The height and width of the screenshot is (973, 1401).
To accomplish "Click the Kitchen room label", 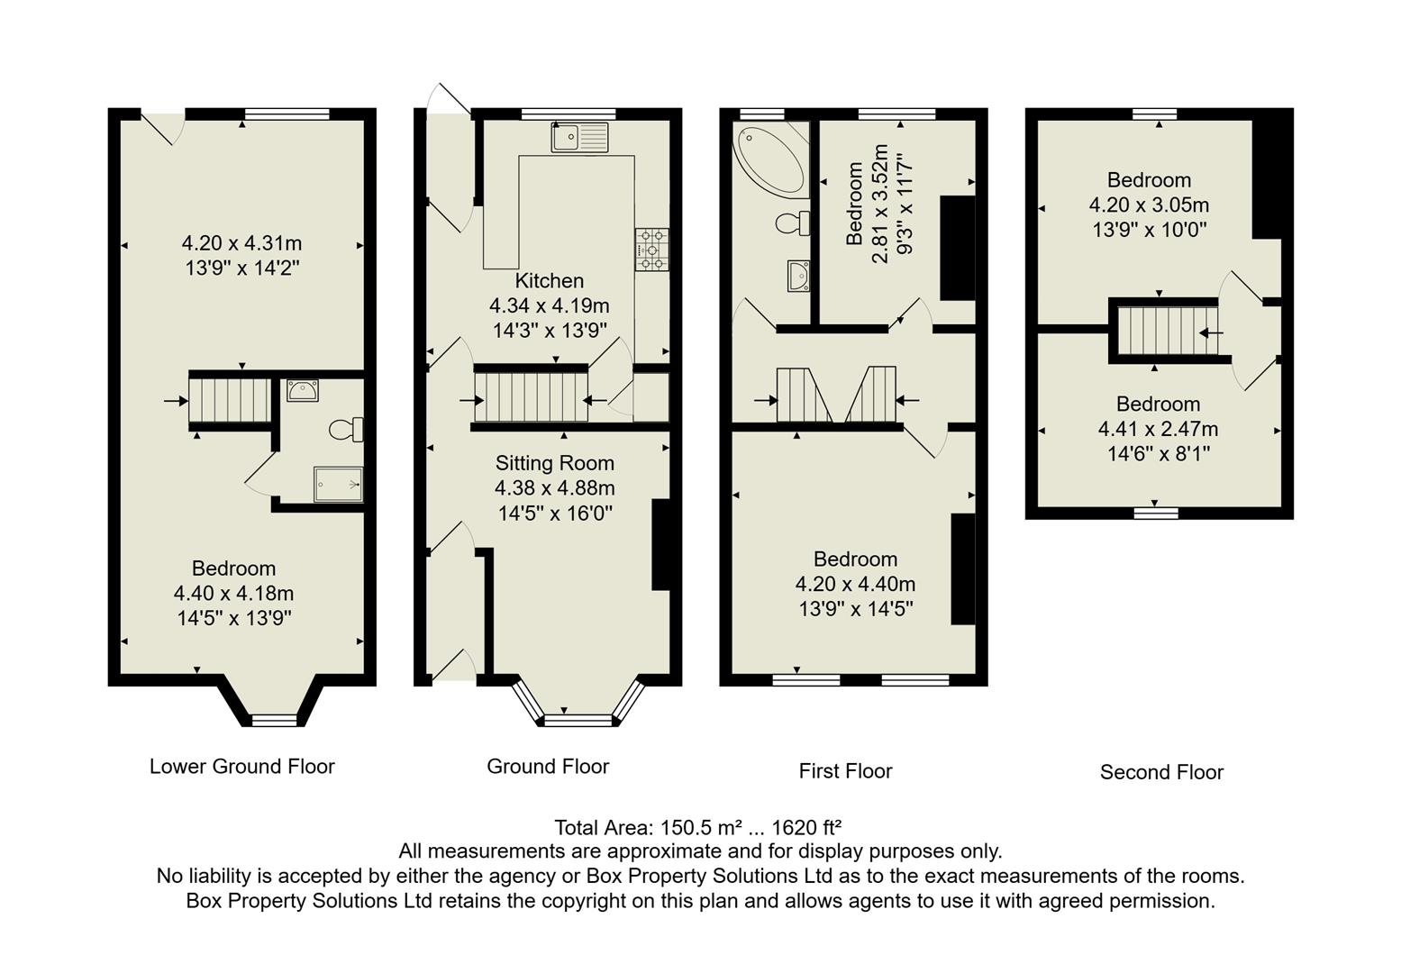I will (x=549, y=281).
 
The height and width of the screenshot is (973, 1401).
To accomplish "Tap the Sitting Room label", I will (x=554, y=463).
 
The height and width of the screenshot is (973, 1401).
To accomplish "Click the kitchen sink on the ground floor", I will (x=580, y=137).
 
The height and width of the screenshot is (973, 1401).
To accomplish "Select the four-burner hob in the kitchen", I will (x=652, y=250).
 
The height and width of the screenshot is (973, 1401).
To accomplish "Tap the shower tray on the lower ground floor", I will (x=338, y=484).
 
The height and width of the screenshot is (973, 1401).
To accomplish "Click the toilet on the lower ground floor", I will (x=345, y=430).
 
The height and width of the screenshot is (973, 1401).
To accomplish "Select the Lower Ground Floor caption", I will (x=241, y=767).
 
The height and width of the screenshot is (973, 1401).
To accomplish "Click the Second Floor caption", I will (x=1161, y=772).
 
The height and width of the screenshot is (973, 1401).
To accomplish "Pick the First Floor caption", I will (x=845, y=771).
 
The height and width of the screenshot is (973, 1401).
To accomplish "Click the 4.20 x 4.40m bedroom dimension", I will (x=855, y=584).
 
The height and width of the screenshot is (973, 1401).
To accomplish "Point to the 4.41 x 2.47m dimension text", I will (x=1158, y=429).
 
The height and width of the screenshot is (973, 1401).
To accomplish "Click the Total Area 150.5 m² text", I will (x=698, y=827).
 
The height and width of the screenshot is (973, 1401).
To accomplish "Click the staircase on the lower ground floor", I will (x=229, y=401).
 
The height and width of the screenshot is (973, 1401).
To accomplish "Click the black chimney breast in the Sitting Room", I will (x=660, y=544).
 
